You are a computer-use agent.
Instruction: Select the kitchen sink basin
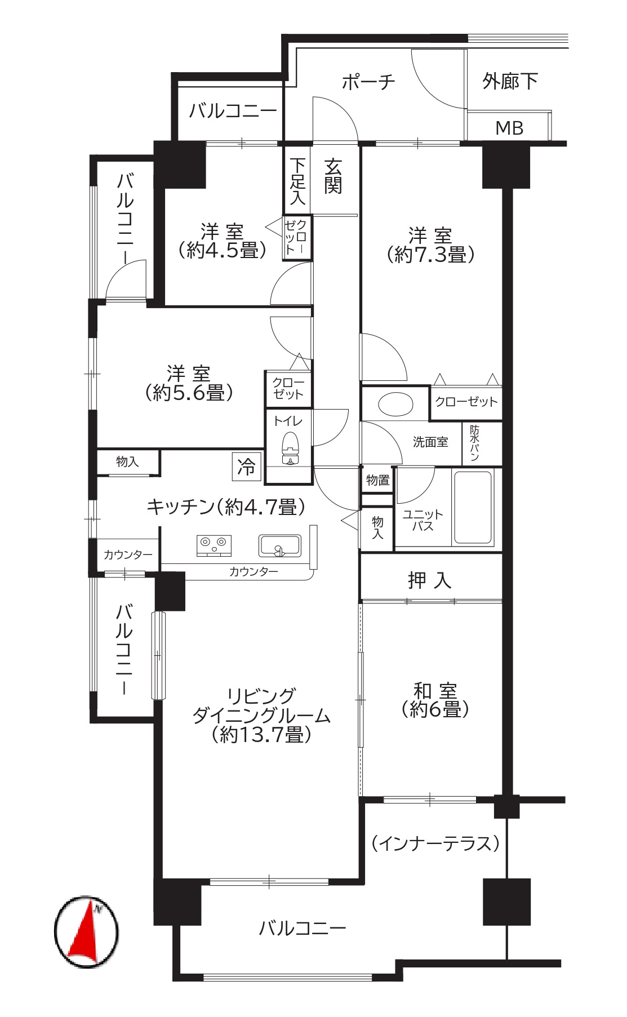tap(279, 546)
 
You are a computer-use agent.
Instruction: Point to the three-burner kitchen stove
tap(214, 545)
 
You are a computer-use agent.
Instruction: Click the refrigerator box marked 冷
tap(247, 467)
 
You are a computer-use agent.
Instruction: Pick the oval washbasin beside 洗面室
tap(395, 404)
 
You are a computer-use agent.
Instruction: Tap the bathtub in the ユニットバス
tap(473, 508)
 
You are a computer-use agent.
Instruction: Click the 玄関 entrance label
tap(333, 176)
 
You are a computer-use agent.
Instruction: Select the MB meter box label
tap(509, 128)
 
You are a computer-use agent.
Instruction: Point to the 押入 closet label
tap(430, 580)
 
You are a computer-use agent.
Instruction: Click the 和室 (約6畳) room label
tap(435, 700)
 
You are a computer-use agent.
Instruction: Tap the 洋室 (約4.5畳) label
tap(222, 241)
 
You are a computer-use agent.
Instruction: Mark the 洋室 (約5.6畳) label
tap(189, 383)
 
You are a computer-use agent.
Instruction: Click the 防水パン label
tap(474, 443)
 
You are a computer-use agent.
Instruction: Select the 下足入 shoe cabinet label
tap(297, 181)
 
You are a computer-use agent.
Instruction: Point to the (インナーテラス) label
tap(435, 843)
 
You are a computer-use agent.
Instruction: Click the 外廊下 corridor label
tap(510, 82)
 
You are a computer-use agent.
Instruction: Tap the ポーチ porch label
tap(368, 82)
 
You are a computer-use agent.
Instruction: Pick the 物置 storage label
tap(377, 480)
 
